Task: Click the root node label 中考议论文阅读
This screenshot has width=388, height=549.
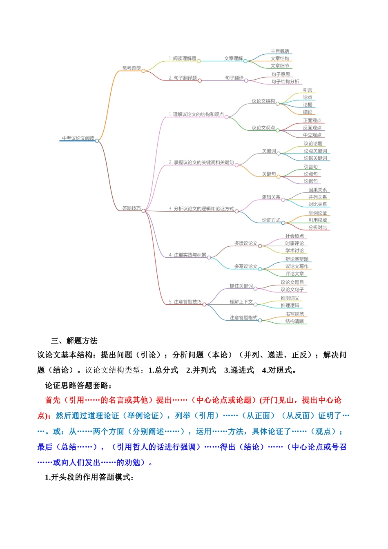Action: (x=78, y=138)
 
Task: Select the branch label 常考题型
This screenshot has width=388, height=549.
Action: (x=132, y=68)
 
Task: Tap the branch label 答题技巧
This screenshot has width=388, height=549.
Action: (x=132, y=208)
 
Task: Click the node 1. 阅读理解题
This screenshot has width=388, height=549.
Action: (x=183, y=58)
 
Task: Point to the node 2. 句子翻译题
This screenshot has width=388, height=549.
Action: (x=183, y=78)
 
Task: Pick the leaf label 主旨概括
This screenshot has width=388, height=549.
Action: (x=280, y=51)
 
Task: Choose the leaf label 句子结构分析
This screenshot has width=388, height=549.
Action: (x=285, y=82)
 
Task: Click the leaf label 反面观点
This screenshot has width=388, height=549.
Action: (x=312, y=128)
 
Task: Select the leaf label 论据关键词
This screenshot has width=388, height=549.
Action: (x=315, y=158)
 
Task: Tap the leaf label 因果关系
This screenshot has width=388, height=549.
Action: (x=317, y=190)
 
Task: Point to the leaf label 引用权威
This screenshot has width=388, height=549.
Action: (x=317, y=220)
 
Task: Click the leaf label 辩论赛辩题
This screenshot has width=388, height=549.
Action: (x=297, y=259)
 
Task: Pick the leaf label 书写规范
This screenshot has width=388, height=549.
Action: (x=294, y=314)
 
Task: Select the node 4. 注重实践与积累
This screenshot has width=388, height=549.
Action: (x=187, y=255)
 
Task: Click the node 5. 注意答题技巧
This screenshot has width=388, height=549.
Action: (x=185, y=302)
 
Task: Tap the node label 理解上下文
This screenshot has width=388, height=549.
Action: (x=241, y=302)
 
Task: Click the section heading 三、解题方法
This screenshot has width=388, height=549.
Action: (x=74, y=341)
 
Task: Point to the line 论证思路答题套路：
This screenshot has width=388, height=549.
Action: (x=78, y=385)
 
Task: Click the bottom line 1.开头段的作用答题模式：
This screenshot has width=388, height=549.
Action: (x=89, y=477)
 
